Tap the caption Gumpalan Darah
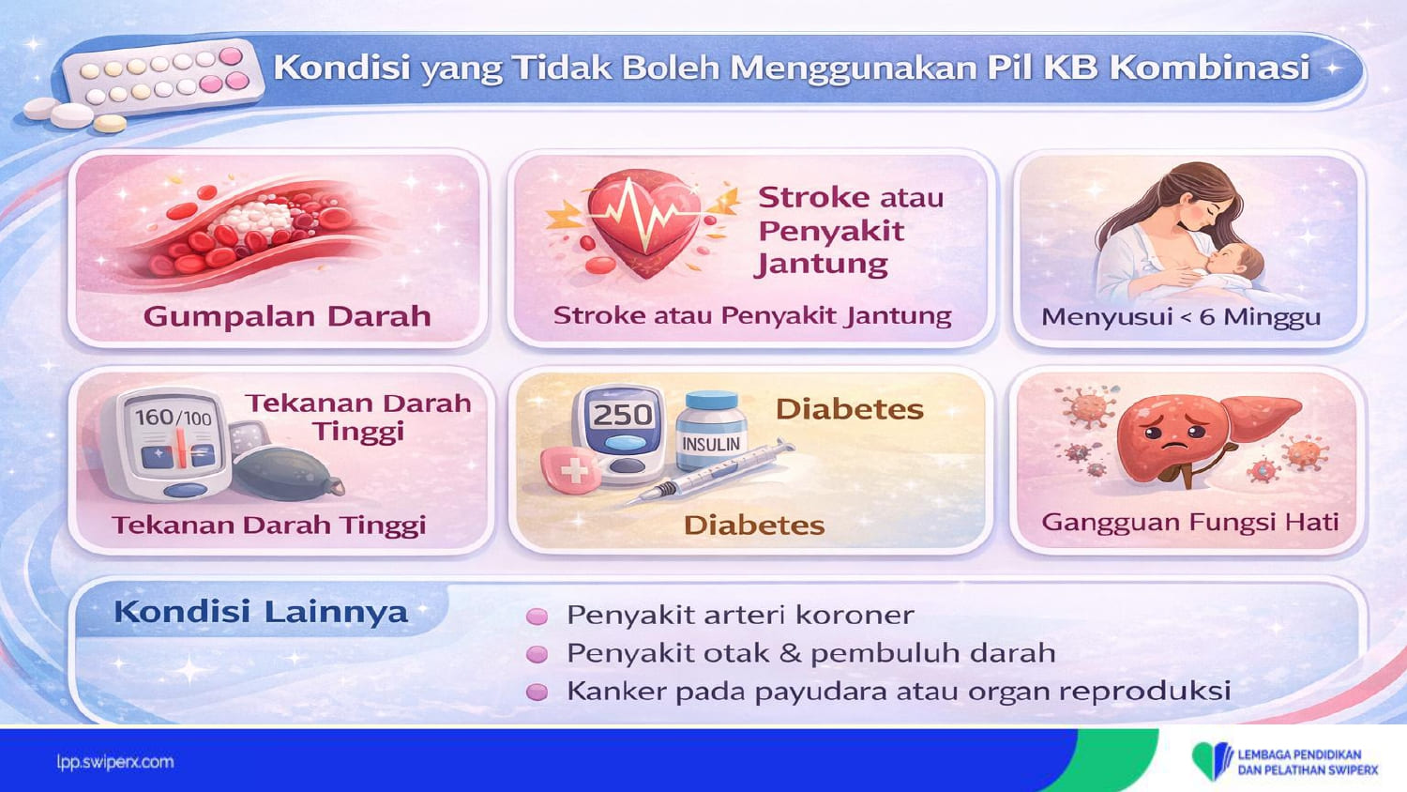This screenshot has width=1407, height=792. point(287,316)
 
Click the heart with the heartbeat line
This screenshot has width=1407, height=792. point(643,223)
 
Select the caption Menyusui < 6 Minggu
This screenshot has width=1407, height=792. point(1181,317)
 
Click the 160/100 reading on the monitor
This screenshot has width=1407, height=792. point(173,418)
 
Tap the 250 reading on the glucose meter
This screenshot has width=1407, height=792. point(623,415)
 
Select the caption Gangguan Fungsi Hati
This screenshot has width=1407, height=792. point(1189,523)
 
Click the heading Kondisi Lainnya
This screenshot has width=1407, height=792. point(261,612)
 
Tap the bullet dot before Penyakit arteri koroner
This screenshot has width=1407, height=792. point(537,616)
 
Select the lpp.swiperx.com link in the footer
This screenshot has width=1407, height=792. point(115,763)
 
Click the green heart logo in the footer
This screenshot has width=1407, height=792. point(1212,761)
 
